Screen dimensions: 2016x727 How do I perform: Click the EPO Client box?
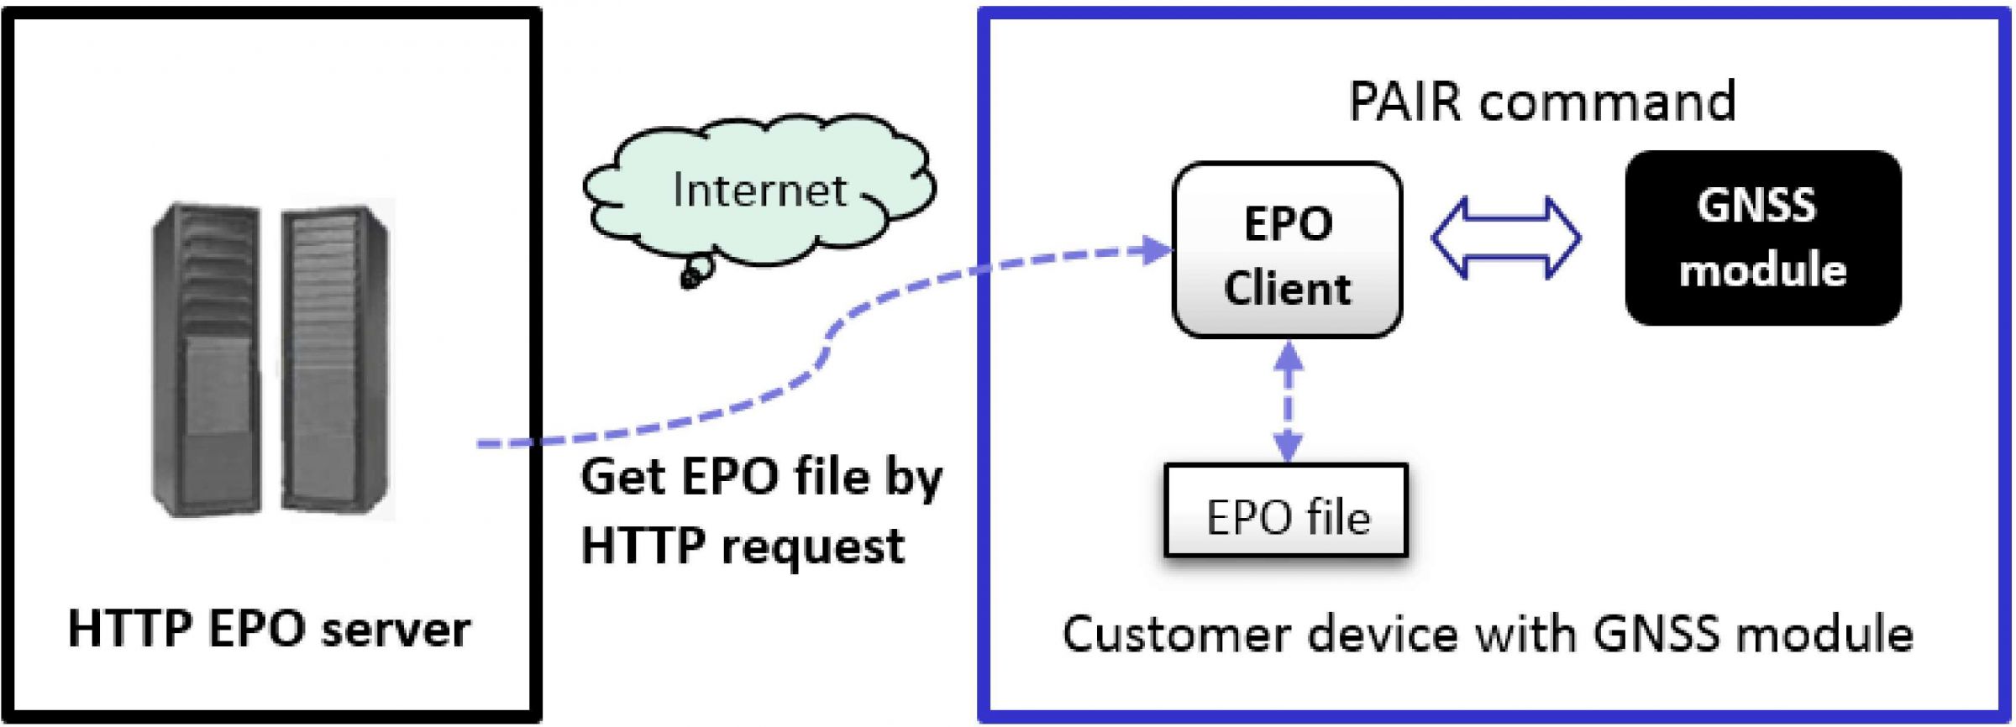1287,249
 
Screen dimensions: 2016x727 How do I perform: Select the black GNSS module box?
1762,238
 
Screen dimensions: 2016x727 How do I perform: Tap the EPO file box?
1286,510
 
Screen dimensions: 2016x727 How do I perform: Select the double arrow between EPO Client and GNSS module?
1505,238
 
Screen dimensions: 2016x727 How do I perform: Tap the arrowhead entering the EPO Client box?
1158,249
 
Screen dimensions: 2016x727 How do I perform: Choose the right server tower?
336,359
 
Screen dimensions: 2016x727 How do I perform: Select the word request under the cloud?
812,547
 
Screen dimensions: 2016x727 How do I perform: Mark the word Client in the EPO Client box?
1287,289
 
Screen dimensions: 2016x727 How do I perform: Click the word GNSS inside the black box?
1756,207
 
